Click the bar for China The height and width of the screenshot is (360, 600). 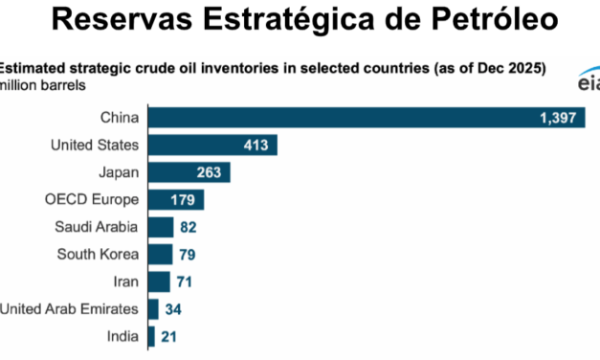[x=364, y=118]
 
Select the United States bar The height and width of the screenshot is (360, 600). [x=211, y=146]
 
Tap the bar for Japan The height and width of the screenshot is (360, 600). [x=187, y=172]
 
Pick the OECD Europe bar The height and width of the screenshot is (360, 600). [x=174, y=200]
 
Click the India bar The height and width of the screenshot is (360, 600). [x=151, y=336]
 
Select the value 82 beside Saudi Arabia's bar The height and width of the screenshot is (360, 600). [x=189, y=227]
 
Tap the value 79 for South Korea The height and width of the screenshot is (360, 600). [x=188, y=255]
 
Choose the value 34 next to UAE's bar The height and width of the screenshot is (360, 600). [x=174, y=309]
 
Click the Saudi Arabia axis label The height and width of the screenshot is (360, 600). [x=98, y=227]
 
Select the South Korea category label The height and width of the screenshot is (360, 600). [x=100, y=255]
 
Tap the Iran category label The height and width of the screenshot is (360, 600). [x=124, y=281]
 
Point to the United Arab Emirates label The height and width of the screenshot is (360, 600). [x=69, y=309]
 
